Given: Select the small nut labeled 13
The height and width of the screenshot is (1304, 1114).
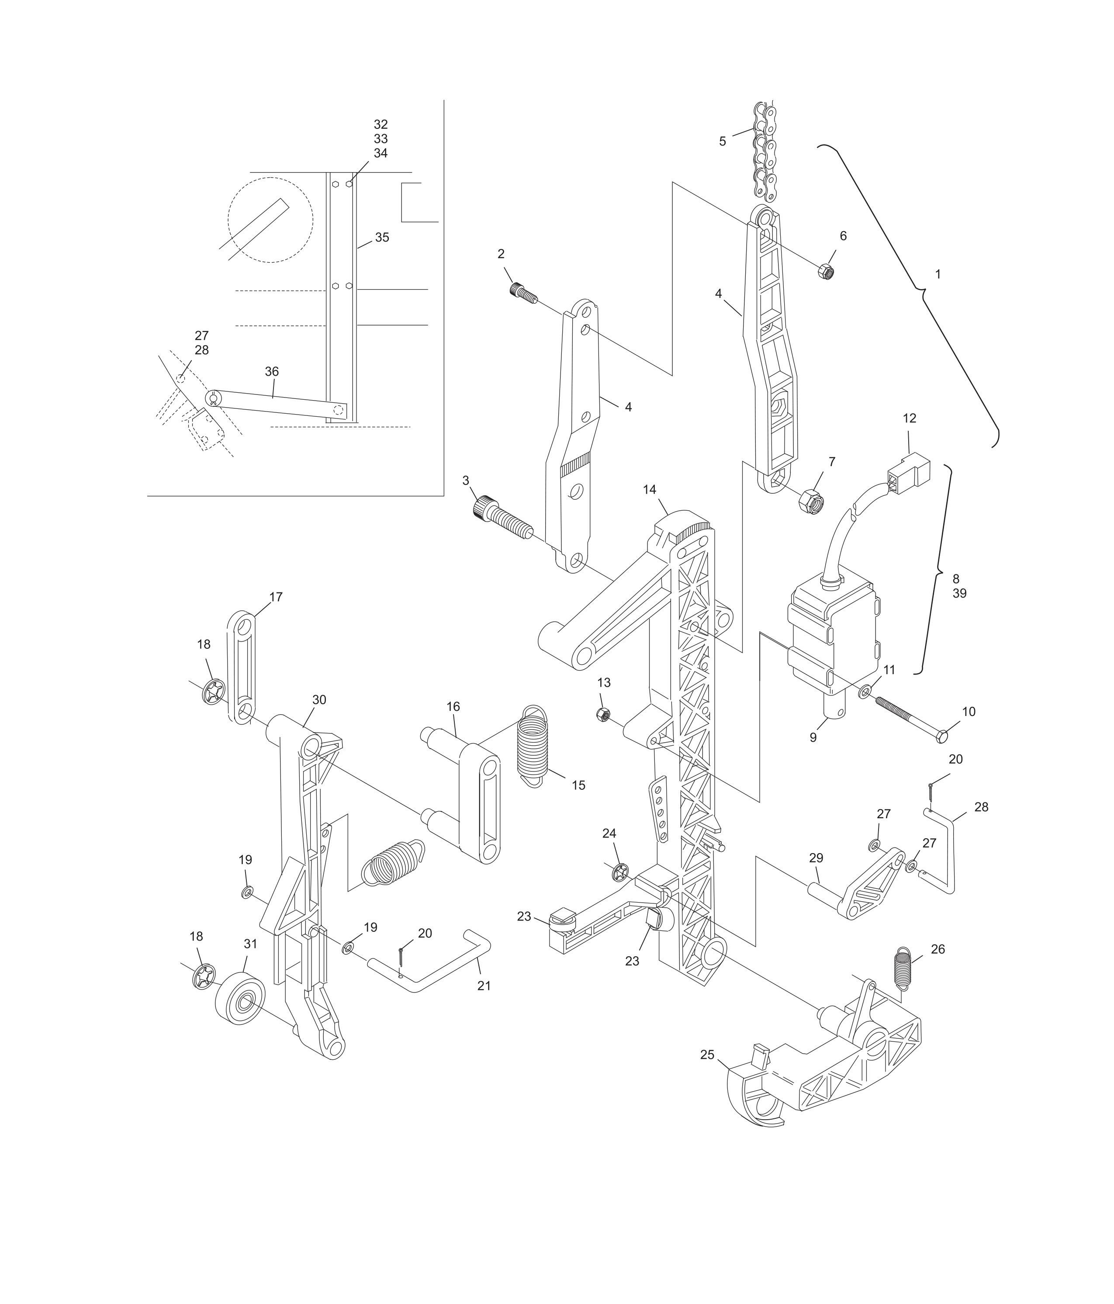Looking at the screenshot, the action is [x=603, y=714].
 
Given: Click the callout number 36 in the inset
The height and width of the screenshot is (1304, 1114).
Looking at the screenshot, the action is [x=271, y=371].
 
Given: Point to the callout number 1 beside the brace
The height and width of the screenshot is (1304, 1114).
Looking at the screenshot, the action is [x=938, y=274].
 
